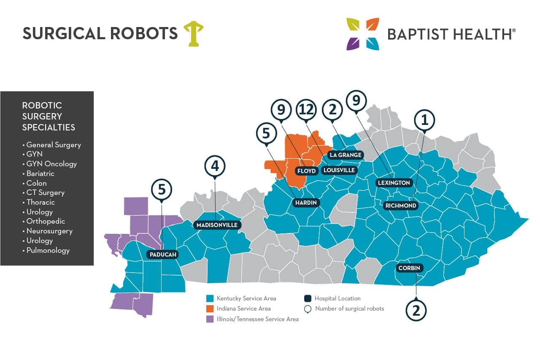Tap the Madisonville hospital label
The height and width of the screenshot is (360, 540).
pos(217,225)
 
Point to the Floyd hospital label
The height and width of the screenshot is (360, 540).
pos(306,171)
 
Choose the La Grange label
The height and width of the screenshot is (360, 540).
pos(346,155)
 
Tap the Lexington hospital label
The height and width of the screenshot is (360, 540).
pos(394,183)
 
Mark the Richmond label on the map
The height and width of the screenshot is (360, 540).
pos(401,206)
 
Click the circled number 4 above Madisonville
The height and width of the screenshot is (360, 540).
pos(215,166)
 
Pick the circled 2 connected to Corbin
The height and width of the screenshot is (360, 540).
pos(416,310)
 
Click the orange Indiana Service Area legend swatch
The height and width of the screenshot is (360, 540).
pos(210,309)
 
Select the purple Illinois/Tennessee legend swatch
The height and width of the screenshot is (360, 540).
pos(210,319)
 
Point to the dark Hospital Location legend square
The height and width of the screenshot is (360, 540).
pos(307,298)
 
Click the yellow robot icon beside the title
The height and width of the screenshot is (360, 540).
pos(193,33)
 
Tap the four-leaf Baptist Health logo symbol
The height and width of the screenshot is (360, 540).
pos(362,34)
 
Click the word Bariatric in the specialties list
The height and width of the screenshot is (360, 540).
pos(40,173)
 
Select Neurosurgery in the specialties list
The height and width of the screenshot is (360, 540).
pos(49,231)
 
